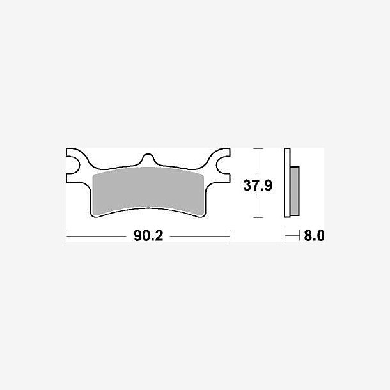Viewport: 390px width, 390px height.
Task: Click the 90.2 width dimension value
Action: pyautogui.click(x=148, y=235)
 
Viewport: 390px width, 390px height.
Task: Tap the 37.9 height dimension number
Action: pyautogui.click(x=258, y=185)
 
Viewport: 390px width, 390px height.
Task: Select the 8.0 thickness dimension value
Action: pyautogui.click(x=314, y=235)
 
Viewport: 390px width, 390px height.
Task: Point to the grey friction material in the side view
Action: pyautogui.click(x=295, y=191)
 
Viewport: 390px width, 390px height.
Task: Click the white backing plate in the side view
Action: pyautogui.click(x=287, y=183)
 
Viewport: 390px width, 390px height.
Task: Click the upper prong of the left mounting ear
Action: pyautogui.click(x=75, y=152)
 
